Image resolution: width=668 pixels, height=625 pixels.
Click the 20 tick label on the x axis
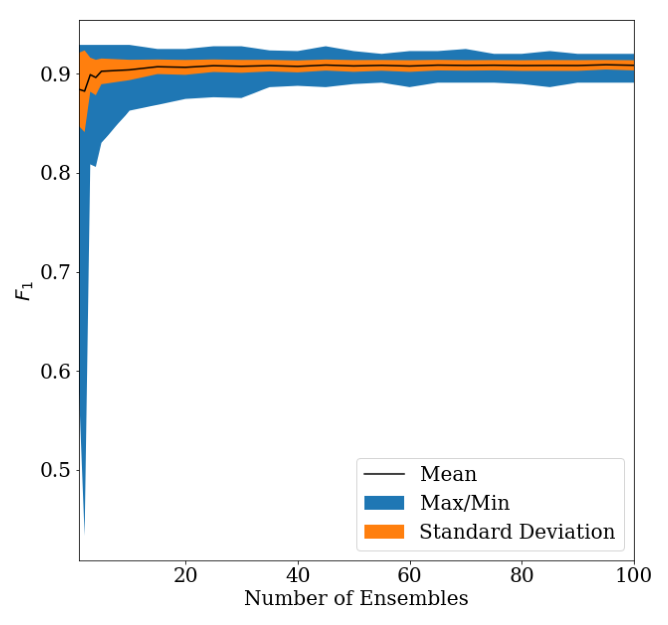(185, 576)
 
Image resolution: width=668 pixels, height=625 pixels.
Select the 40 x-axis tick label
(298, 576)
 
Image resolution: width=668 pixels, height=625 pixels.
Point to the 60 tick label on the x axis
(410, 576)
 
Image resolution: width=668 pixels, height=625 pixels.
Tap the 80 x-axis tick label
(522, 576)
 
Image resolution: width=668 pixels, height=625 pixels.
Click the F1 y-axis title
(24, 290)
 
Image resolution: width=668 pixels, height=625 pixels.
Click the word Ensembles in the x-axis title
(414, 598)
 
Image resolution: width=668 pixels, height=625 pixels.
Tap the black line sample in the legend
(384, 474)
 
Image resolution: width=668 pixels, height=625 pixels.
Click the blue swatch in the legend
(384, 503)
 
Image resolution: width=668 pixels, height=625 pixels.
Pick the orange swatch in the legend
(384, 531)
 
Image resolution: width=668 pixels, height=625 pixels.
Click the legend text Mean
(448, 474)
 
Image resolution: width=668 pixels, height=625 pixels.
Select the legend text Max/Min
(465, 503)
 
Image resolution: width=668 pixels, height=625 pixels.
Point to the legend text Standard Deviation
(517, 531)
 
